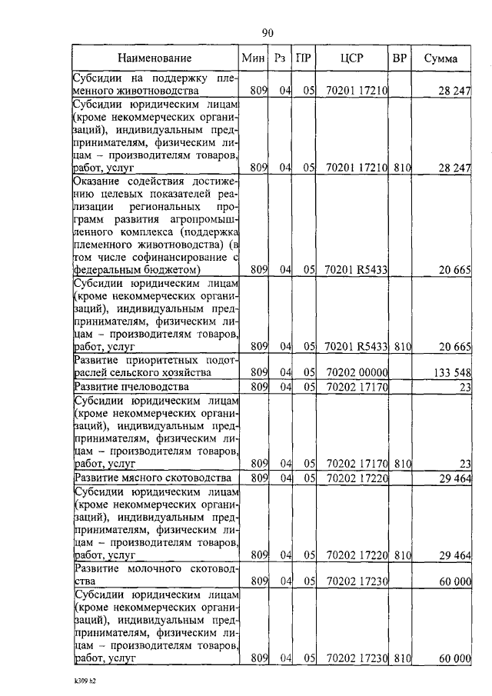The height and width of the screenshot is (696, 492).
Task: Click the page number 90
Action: pos(268,32)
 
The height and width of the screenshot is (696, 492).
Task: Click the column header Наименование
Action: pos(155,58)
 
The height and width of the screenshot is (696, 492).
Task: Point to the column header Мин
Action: pos(252,58)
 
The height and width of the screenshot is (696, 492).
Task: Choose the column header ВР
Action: pos(400,58)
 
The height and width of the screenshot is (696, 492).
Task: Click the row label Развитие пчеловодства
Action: pos(131,386)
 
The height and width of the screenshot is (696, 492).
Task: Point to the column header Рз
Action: pos(280,58)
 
